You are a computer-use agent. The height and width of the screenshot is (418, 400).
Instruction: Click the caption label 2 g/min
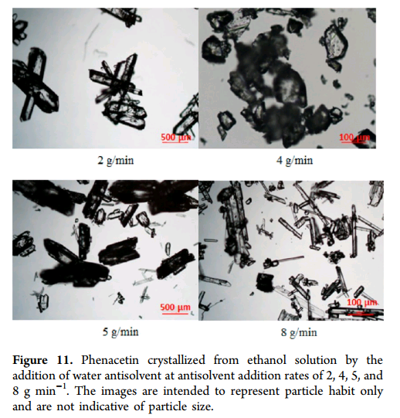pyautogui.click(x=116, y=161)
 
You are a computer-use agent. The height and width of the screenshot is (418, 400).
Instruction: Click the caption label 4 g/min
pyautogui.click(x=294, y=161)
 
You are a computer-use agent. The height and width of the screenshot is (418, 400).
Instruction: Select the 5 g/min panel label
pyautogui.click(x=120, y=332)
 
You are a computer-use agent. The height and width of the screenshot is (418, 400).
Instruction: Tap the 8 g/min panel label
pyautogui.click(x=299, y=333)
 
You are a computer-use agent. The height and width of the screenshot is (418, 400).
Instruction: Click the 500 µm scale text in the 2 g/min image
pyautogui.click(x=176, y=138)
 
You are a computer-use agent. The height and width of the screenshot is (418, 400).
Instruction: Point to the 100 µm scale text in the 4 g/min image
pyautogui.click(x=354, y=138)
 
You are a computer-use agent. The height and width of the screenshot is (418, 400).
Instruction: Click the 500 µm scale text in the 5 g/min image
pyautogui.click(x=175, y=307)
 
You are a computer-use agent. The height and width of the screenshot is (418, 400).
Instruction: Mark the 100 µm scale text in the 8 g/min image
pyautogui.click(x=362, y=302)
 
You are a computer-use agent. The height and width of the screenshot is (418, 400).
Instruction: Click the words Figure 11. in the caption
pyautogui.click(x=42, y=360)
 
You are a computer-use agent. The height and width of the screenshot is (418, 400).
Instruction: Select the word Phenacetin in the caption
pyautogui.click(x=110, y=360)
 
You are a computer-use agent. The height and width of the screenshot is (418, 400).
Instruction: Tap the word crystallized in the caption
pyautogui.click(x=176, y=361)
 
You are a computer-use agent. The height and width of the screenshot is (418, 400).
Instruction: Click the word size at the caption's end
pyautogui.click(x=203, y=407)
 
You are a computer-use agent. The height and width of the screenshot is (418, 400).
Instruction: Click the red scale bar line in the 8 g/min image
pyautogui.click(x=361, y=314)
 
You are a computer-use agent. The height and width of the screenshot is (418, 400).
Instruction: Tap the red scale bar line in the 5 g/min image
pyautogui.click(x=175, y=314)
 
